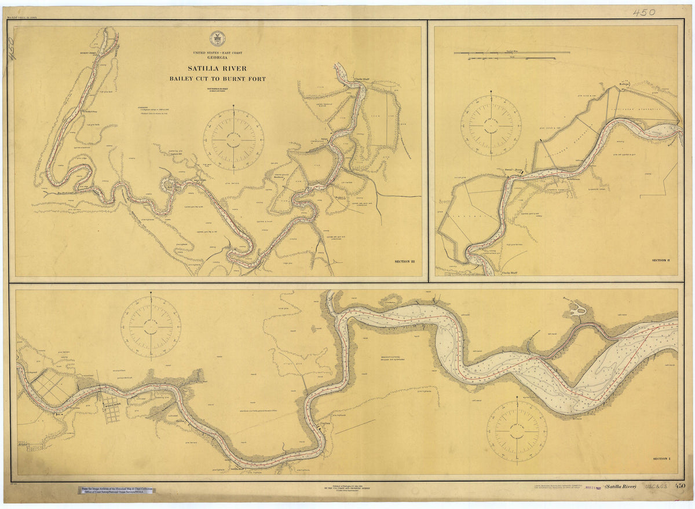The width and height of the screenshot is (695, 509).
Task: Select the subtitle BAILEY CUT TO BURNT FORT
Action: [218, 79]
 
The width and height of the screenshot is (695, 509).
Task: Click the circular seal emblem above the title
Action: [218, 39]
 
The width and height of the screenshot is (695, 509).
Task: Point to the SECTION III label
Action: [405, 262]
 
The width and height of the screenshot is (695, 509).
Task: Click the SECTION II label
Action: [660, 261]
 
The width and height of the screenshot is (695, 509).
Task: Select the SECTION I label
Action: [660, 459]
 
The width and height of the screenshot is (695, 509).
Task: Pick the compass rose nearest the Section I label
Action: [516, 431]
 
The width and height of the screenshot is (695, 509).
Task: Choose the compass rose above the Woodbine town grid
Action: [151, 327]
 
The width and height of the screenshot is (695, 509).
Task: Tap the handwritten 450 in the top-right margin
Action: [643, 12]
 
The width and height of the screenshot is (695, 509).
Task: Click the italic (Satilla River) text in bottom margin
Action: [620, 486]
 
